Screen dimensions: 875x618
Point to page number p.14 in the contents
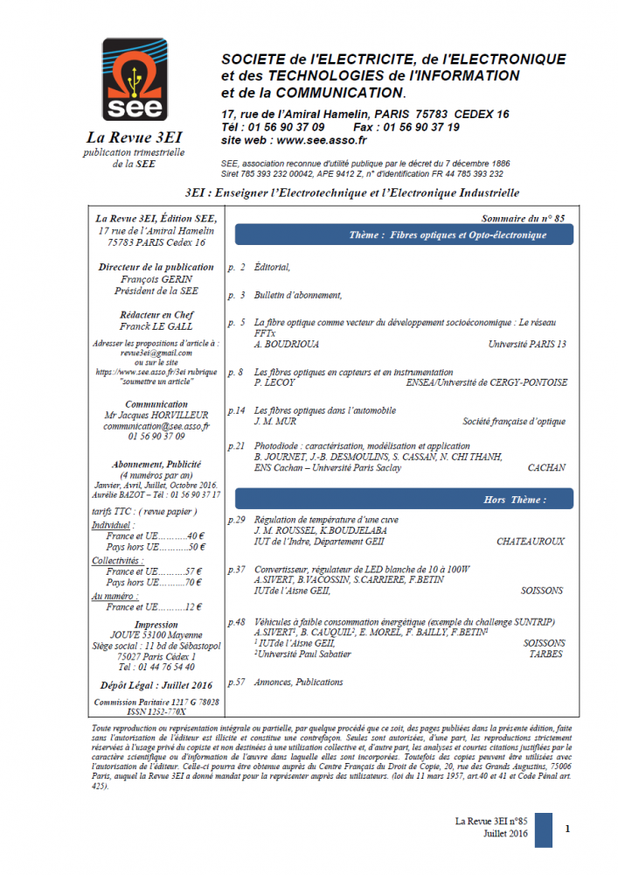point(236,410)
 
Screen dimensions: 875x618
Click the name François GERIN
point(156,279)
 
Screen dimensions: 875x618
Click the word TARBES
point(545,654)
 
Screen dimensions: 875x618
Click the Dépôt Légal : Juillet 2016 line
point(156,685)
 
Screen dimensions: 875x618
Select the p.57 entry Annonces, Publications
point(297,682)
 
